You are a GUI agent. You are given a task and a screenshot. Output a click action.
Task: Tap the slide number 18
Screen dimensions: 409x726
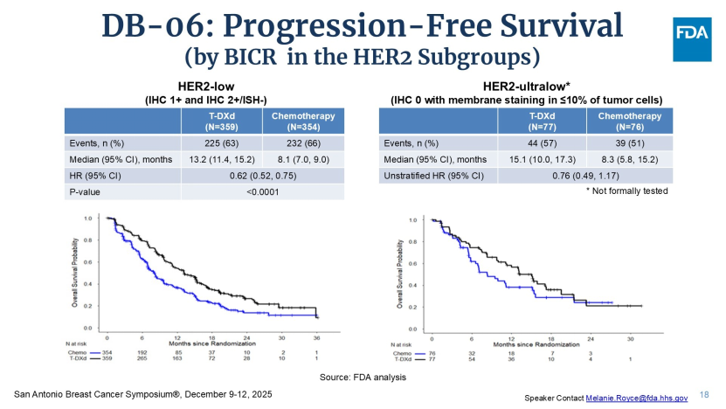705,395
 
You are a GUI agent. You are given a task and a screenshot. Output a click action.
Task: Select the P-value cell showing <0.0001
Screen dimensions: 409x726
262,191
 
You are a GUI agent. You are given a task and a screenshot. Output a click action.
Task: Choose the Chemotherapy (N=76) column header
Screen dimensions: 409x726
629,121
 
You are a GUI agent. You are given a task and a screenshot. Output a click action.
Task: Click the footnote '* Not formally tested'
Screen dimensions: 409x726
627,191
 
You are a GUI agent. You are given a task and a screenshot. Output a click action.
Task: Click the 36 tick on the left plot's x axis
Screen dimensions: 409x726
317,336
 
